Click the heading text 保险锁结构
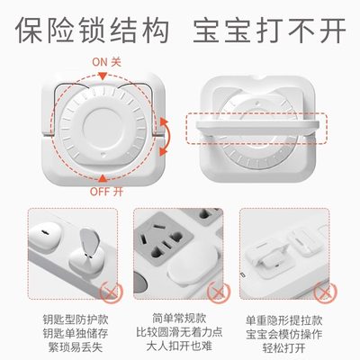pyautogui.click(x=90, y=28)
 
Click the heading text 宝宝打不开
pyautogui.click(x=270, y=28)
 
